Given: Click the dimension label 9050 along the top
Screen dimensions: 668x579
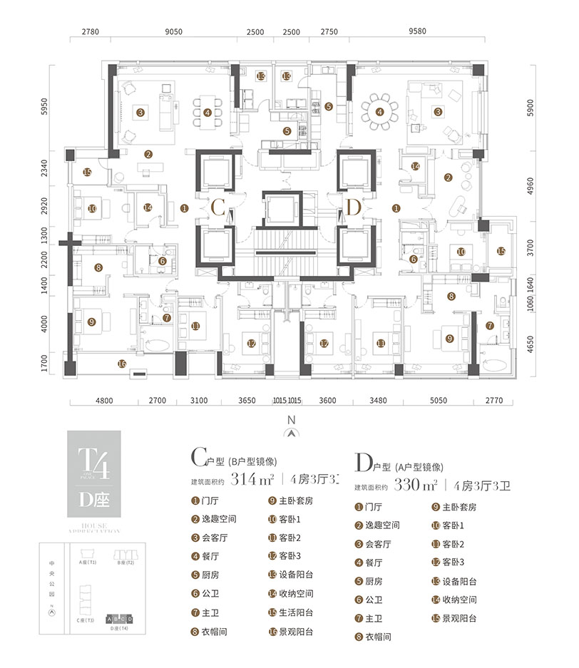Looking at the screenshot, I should [174, 33].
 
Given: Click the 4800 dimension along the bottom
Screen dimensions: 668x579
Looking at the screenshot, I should [104, 401].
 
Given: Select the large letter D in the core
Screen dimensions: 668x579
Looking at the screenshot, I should [352, 208].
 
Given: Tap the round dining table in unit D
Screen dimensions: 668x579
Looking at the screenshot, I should [379, 111].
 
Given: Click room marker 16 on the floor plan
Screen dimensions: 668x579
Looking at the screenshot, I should [121, 364].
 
